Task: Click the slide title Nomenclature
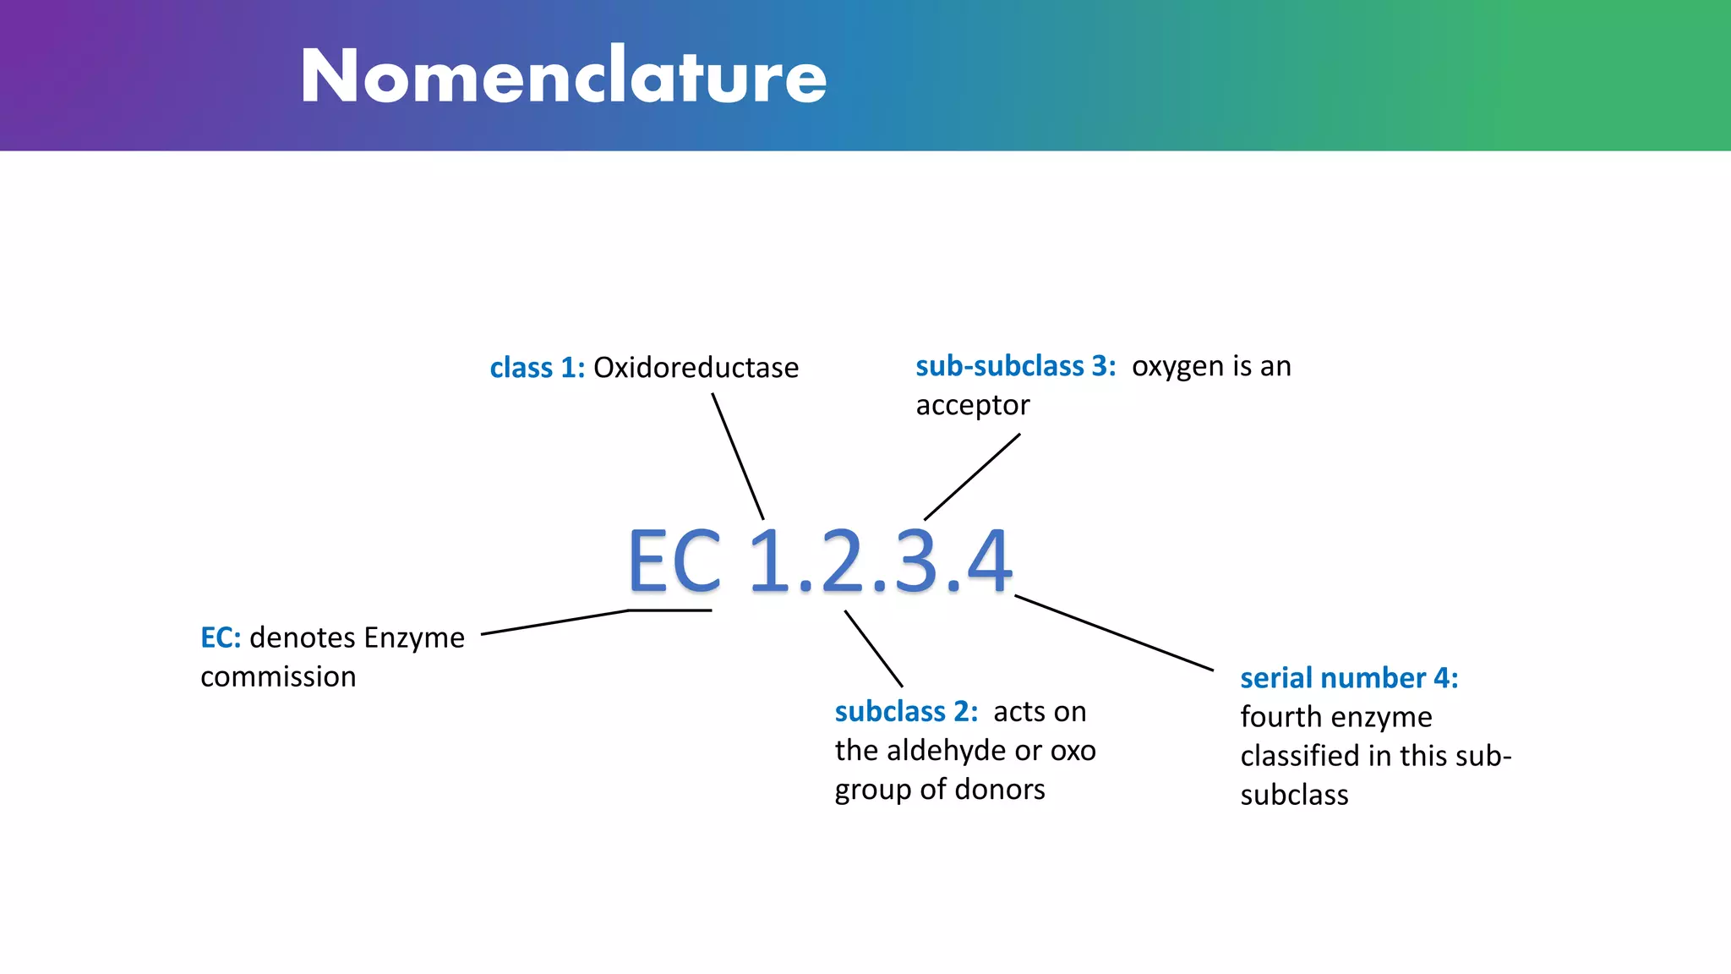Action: point(563,76)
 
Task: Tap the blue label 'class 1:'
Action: point(537,368)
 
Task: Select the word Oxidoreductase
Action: point(696,368)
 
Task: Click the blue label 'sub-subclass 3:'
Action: point(1015,366)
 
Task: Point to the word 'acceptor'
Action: point(972,405)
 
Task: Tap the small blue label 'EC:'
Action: point(220,637)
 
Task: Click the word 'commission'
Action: point(278,676)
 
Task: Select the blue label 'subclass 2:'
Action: point(906,712)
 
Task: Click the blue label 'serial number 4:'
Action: point(1349,678)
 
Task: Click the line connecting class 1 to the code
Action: point(737,456)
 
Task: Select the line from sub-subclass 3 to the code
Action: point(972,477)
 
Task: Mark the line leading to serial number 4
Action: point(1113,633)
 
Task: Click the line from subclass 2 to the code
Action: point(873,648)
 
